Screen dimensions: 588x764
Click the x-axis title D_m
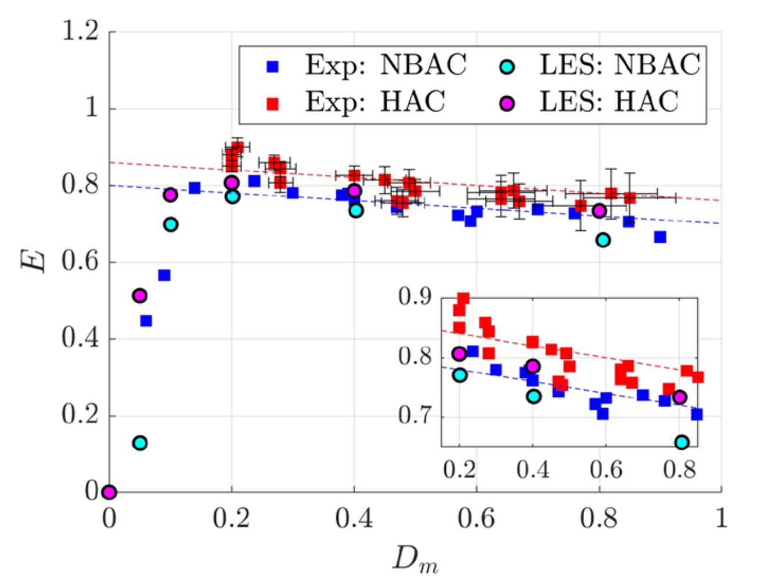[415, 560]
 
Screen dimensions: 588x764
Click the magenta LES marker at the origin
[109, 492]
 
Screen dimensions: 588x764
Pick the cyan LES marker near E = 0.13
[139, 443]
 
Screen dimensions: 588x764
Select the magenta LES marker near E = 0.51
[139, 295]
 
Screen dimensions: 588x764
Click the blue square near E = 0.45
[146, 321]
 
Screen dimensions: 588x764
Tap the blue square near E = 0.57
[164, 275]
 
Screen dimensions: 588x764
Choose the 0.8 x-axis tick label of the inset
[679, 468]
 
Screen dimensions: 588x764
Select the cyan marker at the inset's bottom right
[682, 442]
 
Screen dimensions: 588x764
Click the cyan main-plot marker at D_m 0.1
[171, 225]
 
